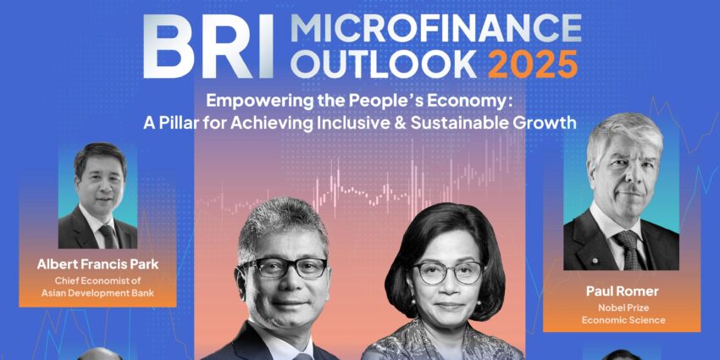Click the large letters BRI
tap(208, 46)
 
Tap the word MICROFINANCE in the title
tap(435, 30)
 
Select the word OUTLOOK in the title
tap(385, 63)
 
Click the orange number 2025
tap(533, 63)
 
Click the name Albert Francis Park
tap(97, 265)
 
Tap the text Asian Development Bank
tap(97, 293)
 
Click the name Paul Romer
tap(622, 291)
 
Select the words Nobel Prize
tap(623, 308)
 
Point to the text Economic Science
tap(623, 320)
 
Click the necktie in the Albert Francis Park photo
tap(109, 236)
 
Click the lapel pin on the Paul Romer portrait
tap(595, 261)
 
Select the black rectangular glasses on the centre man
tap(285, 268)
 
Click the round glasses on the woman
tap(447, 273)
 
